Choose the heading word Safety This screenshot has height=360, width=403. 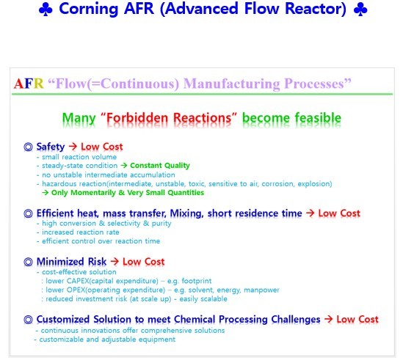point(50,147)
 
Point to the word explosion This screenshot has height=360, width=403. point(309,184)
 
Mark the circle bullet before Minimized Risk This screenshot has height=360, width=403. point(29,262)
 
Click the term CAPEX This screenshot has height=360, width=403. point(77,281)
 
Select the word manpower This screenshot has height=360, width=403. point(259,290)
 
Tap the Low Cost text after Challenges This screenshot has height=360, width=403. point(357,319)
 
